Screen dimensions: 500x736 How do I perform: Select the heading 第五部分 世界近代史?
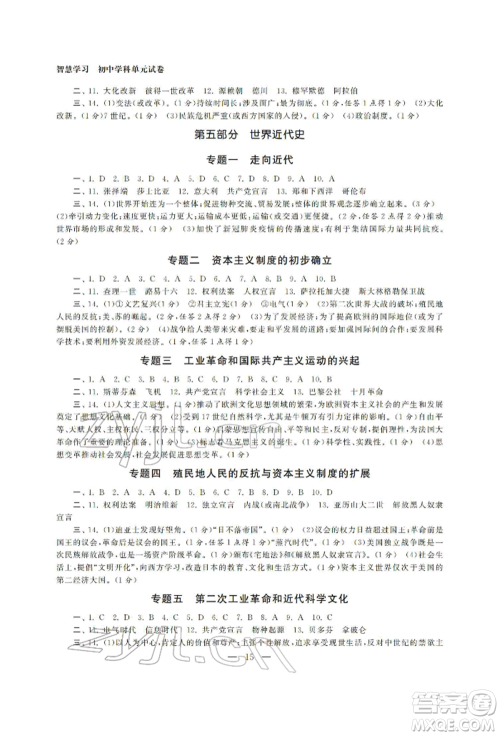pos(250,132)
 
